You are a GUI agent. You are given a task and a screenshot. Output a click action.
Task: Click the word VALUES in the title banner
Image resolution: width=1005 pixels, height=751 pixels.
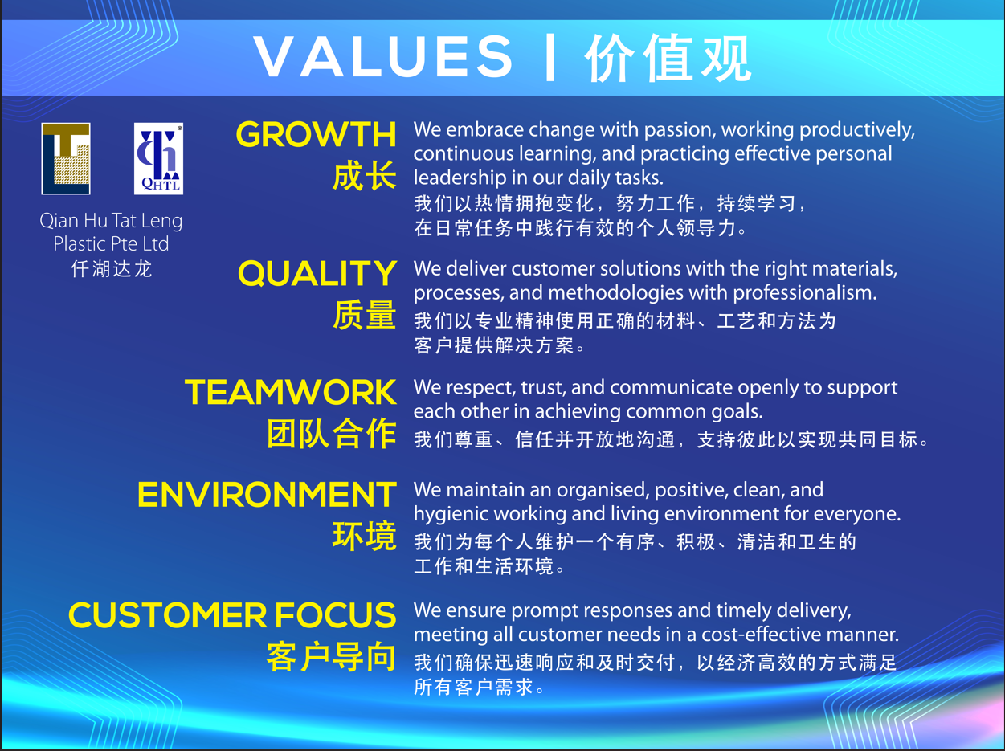tap(382, 57)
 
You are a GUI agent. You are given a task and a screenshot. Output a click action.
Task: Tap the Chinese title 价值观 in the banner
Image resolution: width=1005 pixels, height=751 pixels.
tap(668, 58)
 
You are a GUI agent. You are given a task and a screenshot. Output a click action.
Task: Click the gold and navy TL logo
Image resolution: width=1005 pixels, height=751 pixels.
tap(66, 159)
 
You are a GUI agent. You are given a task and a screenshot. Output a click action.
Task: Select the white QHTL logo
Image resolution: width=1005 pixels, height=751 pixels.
tap(158, 159)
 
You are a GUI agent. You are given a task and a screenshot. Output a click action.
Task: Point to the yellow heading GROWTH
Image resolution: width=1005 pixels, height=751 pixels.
tap(316, 135)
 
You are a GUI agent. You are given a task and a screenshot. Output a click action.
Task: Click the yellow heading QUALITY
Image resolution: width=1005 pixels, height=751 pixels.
tap(317, 273)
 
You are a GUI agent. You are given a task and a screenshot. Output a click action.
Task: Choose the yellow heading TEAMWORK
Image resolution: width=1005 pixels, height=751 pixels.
tap(290, 392)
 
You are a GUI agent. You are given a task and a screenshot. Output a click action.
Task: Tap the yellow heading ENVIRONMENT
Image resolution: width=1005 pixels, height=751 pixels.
tap(267, 495)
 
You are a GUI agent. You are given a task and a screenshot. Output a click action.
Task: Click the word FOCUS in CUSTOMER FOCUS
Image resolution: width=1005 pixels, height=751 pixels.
tap(335, 614)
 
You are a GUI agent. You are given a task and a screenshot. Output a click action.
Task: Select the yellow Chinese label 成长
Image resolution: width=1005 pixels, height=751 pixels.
tap(365, 176)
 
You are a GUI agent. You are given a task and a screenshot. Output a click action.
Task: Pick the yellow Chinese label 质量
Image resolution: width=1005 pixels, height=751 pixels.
tap(365, 315)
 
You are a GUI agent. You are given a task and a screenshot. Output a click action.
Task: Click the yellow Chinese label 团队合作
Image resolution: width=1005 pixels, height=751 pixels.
tap(332, 433)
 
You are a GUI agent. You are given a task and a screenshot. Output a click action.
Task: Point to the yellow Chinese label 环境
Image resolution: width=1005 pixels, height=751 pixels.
tap(365, 536)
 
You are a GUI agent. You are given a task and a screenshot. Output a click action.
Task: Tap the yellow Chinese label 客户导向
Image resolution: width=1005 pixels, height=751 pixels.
tap(332, 657)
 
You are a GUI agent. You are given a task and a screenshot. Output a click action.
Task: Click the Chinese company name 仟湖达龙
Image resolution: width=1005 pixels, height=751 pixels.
tap(111, 268)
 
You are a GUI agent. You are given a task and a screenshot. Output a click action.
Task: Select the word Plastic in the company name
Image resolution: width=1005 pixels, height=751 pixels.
tap(79, 243)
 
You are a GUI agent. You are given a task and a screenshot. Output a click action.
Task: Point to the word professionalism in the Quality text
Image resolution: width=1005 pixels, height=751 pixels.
tap(804, 293)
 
